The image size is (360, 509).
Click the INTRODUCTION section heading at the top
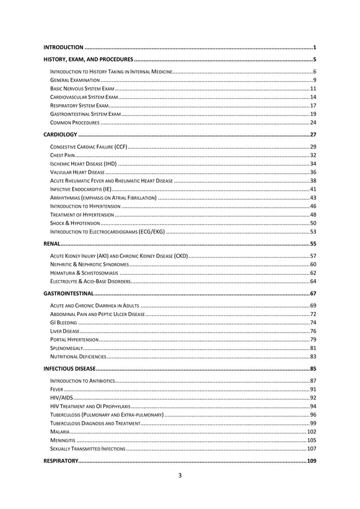64,47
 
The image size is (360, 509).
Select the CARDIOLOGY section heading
60,135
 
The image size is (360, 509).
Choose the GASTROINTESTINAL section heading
68,294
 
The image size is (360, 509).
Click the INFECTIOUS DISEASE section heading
69,369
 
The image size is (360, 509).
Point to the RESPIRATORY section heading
61,461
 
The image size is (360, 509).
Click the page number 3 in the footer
180,475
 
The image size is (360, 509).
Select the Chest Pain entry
63,155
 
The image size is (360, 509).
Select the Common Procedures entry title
75,122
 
